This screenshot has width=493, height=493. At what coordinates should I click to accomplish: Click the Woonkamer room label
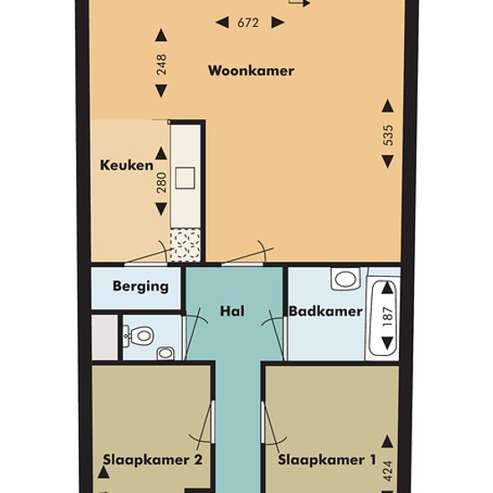coord(251,71)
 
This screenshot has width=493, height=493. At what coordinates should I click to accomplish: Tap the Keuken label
coord(126,165)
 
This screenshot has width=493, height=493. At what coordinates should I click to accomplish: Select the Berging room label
coord(140,287)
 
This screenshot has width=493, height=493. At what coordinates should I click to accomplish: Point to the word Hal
coord(232,311)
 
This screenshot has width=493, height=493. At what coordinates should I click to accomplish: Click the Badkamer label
coord(325,311)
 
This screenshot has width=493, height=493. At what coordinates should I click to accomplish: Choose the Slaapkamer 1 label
coord(326,460)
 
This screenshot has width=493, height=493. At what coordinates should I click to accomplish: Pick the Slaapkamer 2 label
coord(152,460)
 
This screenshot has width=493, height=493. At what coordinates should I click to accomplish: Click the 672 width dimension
coord(248,23)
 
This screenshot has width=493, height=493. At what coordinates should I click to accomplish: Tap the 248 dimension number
coord(161,65)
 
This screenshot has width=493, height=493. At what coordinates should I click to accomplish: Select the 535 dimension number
coord(388,135)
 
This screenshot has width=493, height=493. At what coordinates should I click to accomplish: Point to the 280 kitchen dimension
coord(161,182)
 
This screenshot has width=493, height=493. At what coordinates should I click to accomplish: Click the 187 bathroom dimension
coord(388,316)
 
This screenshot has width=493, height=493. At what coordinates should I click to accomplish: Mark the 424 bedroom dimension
coord(388,471)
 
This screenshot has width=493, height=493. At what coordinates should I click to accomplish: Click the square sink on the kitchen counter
coord(185,178)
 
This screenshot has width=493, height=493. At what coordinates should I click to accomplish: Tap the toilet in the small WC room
coord(143,335)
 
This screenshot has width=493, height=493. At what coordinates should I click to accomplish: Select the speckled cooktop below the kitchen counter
coord(186,246)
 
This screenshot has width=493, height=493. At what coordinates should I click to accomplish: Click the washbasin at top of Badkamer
coord(345,278)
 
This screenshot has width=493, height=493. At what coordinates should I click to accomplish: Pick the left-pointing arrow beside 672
coord(222,22)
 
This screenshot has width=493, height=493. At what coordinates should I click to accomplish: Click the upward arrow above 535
coord(387,106)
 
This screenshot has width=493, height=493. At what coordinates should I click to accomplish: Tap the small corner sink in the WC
coord(166,353)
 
